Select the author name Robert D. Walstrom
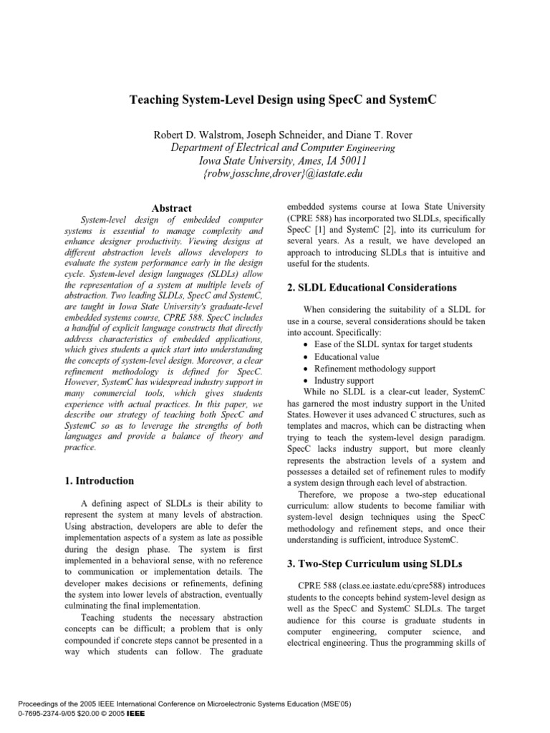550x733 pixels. [x=203, y=134]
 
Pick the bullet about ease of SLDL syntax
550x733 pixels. [x=393, y=345]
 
